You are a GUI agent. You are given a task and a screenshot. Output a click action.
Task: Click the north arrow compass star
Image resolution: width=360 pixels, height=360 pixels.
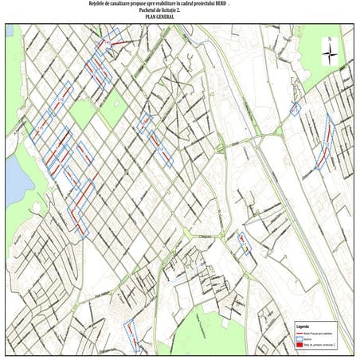(x=329, y=53)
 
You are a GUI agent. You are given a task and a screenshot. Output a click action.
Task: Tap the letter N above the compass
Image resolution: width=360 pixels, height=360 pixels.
(x=329, y=38)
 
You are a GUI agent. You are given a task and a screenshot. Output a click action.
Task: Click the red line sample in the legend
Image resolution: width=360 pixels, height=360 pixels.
(x=300, y=333)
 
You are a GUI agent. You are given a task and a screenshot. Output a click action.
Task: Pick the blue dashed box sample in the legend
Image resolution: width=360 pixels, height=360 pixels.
(x=300, y=338)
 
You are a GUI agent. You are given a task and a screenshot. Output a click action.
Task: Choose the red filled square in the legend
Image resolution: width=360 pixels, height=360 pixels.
(x=300, y=345)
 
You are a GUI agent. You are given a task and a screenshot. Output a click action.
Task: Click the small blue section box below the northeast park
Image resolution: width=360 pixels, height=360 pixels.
(x=296, y=109)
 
